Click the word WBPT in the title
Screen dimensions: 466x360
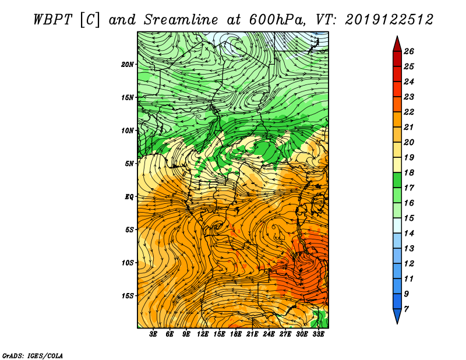(x=52, y=20)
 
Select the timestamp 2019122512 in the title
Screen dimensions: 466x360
(x=389, y=20)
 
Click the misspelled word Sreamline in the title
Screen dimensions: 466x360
(x=181, y=20)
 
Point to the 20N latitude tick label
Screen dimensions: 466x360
(x=128, y=65)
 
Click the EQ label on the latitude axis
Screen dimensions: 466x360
(x=129, y=197)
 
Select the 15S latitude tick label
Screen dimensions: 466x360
(x=128, y=296)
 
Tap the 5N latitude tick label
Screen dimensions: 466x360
(x=129, y=164)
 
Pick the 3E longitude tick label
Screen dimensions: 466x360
(x=153, y=334)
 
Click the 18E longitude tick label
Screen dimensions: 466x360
(x=236, y=334)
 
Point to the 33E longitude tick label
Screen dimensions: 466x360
(x=318, y=334)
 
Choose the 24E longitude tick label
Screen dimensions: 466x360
(x=269, y=334)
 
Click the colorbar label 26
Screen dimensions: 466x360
(x=409, y=51)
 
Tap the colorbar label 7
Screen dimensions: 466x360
(x=406, y=309)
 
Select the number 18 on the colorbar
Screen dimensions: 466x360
(x=409, y=172)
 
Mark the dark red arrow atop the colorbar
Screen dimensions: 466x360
(x=397, y=45)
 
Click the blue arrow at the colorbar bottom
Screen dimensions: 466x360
(x=397, y=315)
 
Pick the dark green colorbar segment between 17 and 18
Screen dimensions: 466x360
(x=397, y=180)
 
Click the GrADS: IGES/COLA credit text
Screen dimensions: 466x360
(x=33, y=356)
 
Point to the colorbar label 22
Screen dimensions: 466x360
(x=409, y=112)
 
